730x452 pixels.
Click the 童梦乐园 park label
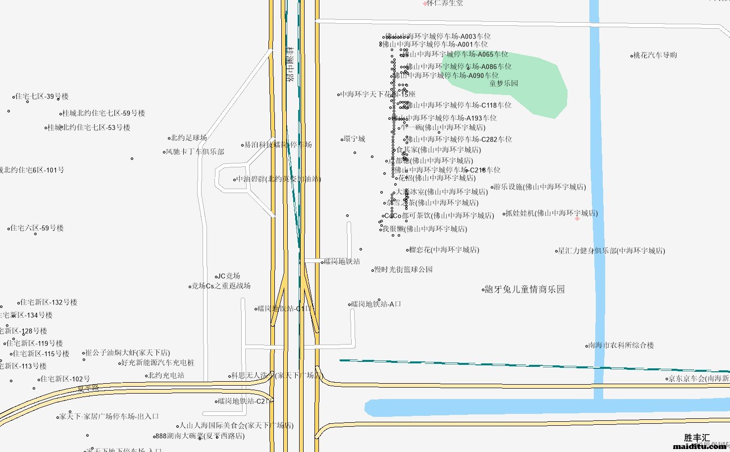pyautogui.click(x=504, y=83)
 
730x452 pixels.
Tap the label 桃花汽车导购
pyautogui.click(x=655, y=55)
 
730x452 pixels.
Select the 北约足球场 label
pyautogui.click(x=189, y=138)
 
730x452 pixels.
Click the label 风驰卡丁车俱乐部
pyautogui.click(x=195, y=151)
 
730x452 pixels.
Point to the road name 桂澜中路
pyautogui.click(x=290, y=64)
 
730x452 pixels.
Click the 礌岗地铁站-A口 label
pyautogui.click(x=376, y=304)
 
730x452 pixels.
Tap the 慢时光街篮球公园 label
pyautogui.click(x=403, y=269)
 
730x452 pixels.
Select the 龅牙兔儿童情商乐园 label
pyautogui.click(x=524, y=289)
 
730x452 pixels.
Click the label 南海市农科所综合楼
pyautogui.click(x=621, y=345)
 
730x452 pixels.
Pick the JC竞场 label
pyautogui.click(x=229, y=276)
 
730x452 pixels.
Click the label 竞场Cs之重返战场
pyautogui.click(x=221, y=286)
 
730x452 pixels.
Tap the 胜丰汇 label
pyautogui.click(x=696, y=438)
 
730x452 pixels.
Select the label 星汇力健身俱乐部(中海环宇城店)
pyautogui.click(x=611, y=251)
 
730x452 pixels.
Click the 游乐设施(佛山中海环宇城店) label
pyautogui.click(x=539, y=187)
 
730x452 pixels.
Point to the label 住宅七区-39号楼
pyautogui.click(x=42, y=97)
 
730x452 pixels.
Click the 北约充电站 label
pyautogui.click(x=166, y=375)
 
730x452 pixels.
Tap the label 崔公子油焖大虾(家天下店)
pyautogui.click(x=127, y=352)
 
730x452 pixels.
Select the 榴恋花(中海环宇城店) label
pyautogui.click(x=444, y=250)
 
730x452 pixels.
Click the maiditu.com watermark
pyautogui.click(x=699, y=447)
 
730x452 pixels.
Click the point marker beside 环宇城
pyautogui.click(x=342, y=140)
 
